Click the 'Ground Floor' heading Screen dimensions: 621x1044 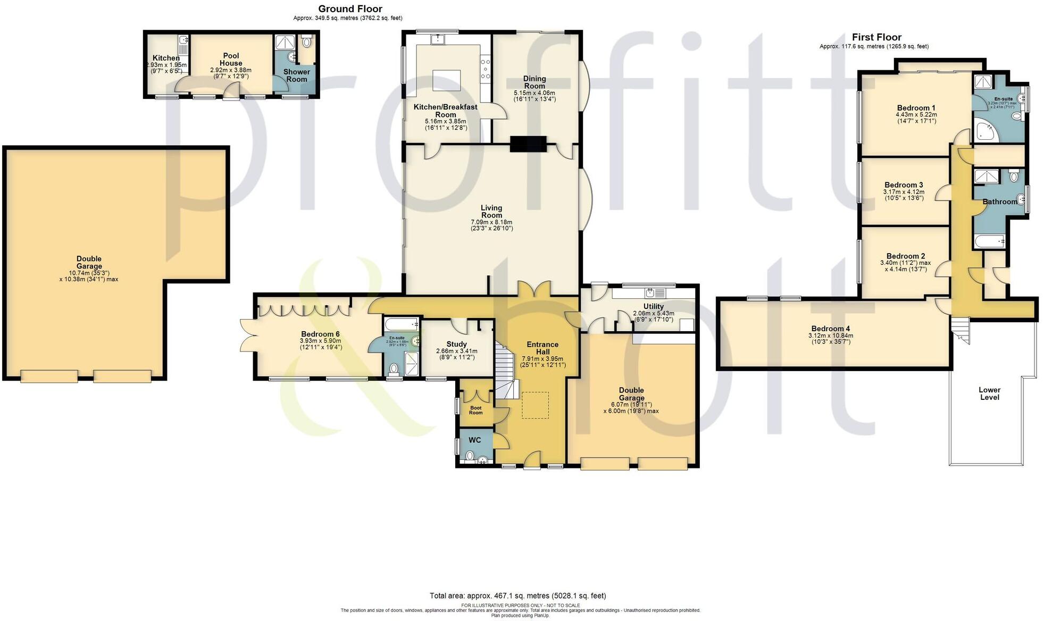(x=350, y=9)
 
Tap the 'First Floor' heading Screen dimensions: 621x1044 (x=876, y=37)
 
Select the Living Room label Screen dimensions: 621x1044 (x=491, y=212)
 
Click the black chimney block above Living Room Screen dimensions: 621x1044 (x=528, y=144)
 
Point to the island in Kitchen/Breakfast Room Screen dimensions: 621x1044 (x=446, y=80)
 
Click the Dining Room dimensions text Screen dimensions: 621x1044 (x=534, y=96)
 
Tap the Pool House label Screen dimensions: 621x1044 (x=231, y=59)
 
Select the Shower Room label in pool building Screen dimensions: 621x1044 (x=296, y=75)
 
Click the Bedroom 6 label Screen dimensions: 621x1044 (x=320, y=334)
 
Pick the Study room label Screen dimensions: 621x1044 (x=456, y=344)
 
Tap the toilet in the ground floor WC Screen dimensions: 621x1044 (x=470, y=456)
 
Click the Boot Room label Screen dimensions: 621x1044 (x=475, y=410)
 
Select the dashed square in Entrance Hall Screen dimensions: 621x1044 (x=534, y=405)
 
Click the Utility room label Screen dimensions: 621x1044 (x=653, y=306)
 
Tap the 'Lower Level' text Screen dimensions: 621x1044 (x=989, y=393)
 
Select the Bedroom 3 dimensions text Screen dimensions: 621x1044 (x=904, y=195)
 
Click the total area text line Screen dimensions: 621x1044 (x=517, y=595)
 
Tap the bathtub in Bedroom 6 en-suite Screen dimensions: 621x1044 (x=400, y=324)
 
